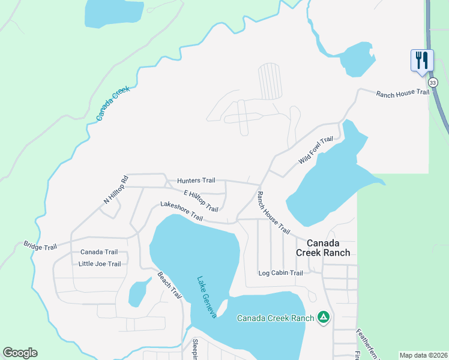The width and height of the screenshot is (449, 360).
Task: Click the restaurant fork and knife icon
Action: coord(422,60)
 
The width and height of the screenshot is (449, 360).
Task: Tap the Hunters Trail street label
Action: coord(196,181)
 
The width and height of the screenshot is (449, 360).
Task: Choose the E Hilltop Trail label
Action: coord(200,200)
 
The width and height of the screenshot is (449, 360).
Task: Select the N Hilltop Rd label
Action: coord(116,190)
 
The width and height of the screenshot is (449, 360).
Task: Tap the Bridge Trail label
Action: coord(40,246)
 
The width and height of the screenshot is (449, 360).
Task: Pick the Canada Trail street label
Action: coord(99,252)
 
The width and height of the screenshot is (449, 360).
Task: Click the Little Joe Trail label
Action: coord(100,264)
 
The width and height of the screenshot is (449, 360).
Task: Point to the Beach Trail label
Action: coord(169,285)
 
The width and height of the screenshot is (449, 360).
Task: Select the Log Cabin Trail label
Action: coord(280,273)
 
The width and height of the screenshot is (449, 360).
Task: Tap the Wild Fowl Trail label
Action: coord(316,151)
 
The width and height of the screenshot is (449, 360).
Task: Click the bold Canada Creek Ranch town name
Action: coord(323,248)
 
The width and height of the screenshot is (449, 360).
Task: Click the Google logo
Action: coord(20,353)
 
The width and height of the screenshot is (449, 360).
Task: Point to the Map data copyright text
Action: coord(423,355)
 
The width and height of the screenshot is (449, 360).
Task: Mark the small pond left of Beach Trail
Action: coord(140,293)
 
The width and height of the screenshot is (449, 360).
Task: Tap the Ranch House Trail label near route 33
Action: coord(403,93)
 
